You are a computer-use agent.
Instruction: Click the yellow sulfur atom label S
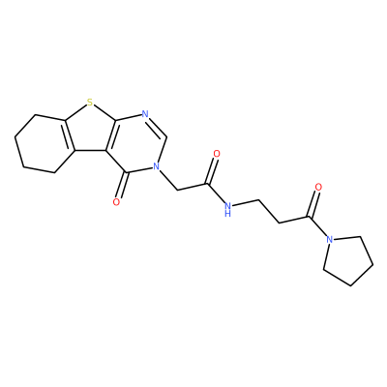pos(90,103)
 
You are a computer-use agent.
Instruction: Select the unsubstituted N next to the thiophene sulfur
pos(145,113)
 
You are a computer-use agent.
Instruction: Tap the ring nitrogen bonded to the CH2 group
pos(157,165)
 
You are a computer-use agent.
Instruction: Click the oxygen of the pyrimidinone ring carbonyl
pos(116,202)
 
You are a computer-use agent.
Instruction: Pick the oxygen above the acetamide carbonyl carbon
pos(217,154)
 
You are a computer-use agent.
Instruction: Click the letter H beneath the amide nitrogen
pos(227,213)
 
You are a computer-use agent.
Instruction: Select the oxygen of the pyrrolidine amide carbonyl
pos(318,187)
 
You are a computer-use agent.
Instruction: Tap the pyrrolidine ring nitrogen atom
pos(329,239)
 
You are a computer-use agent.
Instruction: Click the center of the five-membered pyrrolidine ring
pos(348,259)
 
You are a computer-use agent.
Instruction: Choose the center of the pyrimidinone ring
pos(137,143)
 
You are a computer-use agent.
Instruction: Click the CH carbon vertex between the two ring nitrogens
pos(166,136)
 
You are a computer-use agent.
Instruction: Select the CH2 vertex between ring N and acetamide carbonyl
pos(177,190)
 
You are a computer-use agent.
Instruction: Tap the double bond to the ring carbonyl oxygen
pos(122,187)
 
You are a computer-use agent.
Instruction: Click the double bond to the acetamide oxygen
pos(213,170)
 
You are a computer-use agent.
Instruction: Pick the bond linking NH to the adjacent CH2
pos(245,203)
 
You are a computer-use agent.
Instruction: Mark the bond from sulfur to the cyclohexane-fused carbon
pos(76,112)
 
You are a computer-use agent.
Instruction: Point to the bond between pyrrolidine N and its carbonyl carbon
pos(317,226)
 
